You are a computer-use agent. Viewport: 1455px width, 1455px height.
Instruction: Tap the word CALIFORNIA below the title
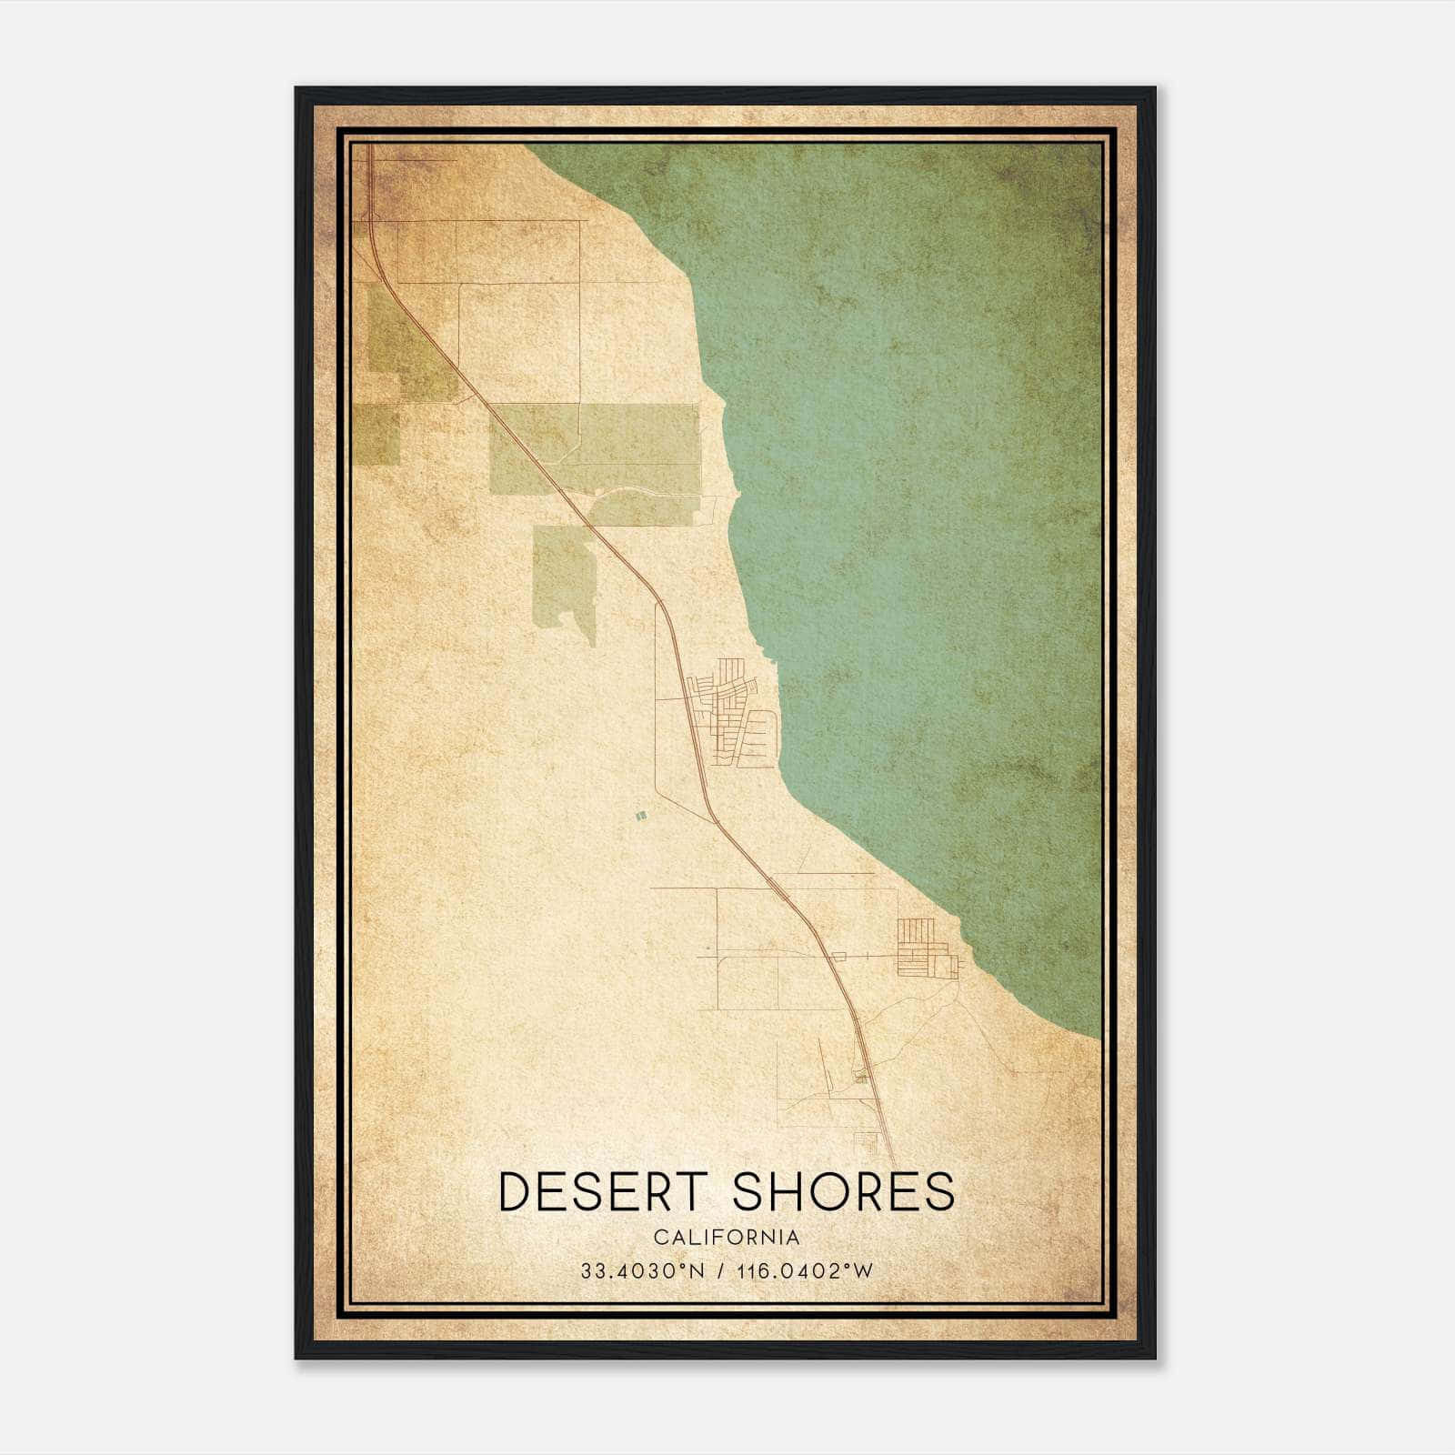727,1237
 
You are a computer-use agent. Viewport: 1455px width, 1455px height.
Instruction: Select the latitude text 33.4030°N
643,1270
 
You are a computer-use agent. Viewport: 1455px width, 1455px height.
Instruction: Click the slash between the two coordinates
721,1270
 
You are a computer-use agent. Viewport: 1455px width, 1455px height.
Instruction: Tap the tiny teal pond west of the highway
641,817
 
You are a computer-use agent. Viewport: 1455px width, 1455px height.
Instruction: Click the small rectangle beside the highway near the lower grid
838,956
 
